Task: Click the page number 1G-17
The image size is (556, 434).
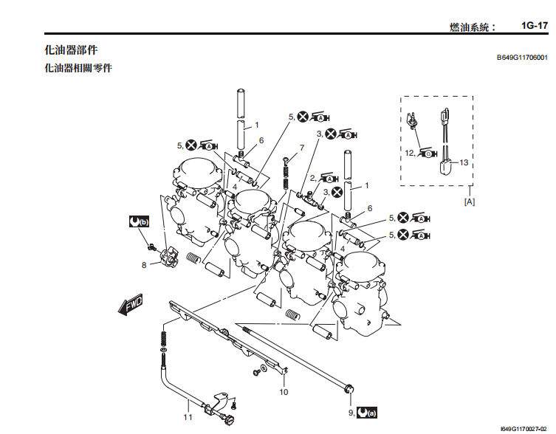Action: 533,26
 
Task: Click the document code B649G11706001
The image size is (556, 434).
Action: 521,57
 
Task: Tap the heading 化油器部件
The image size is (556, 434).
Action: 71,50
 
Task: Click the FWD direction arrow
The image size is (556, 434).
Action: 130,304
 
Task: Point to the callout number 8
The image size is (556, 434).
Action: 145,263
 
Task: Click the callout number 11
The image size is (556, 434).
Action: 188,418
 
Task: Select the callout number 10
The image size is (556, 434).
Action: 284,392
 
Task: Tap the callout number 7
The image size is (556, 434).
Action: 301,148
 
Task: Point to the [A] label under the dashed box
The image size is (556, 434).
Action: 469,200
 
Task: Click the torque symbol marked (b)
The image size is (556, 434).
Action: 138,221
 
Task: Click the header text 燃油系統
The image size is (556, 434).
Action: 473,27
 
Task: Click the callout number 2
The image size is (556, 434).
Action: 313,178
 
